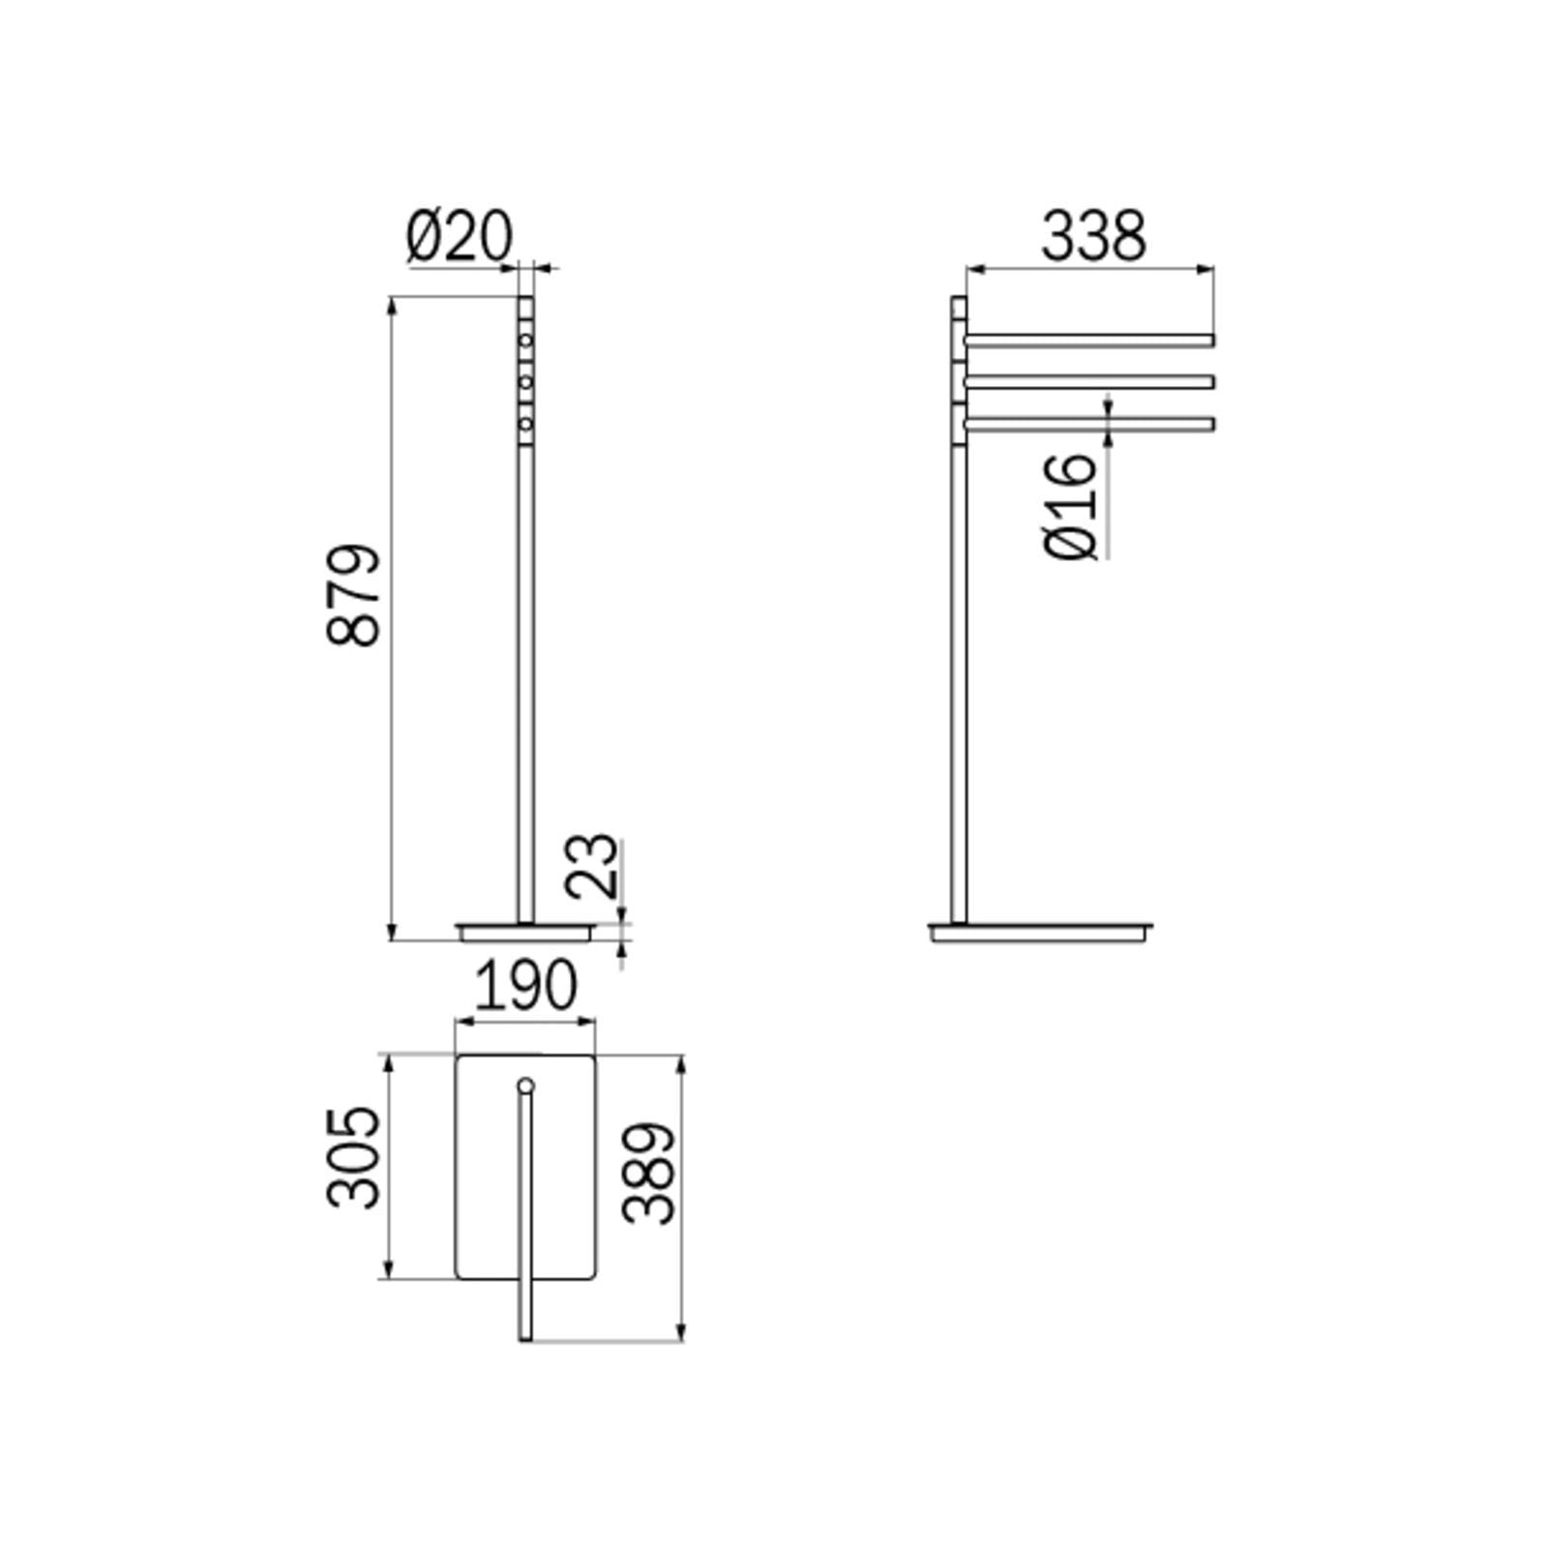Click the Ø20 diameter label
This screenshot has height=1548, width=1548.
[x=459, y=237]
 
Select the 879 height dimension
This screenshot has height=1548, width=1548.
[x=354, y=595]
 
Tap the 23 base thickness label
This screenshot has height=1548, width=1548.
[x=591, y=866]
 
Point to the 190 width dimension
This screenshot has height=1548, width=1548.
[x=525, y=987]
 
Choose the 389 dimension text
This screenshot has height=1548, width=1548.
[x=649, y=1174]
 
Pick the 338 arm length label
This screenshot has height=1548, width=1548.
[x=1093, y=237]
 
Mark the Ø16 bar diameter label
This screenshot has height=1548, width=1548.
[x=1073, y=505]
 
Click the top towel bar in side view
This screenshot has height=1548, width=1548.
[x=1089, y=341]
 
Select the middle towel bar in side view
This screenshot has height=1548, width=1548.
[x=1089, y=382]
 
